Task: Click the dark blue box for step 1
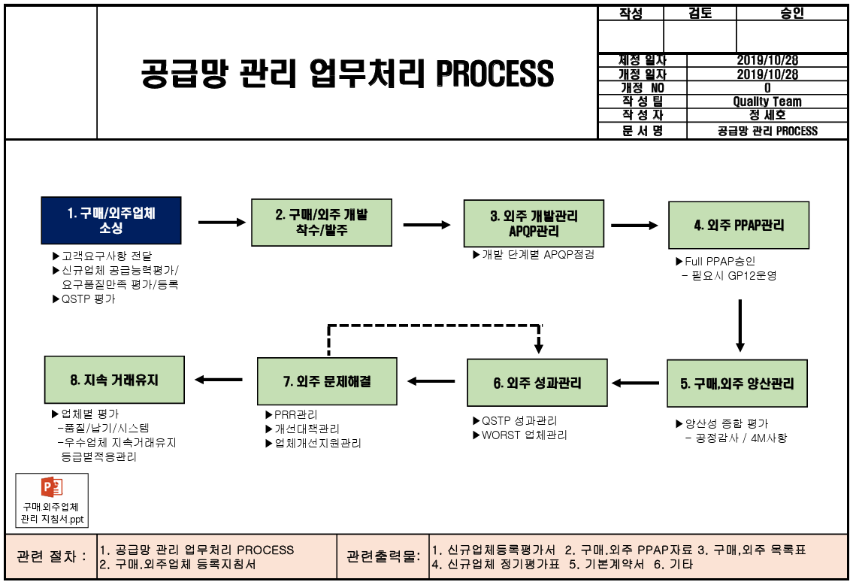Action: click(111, 221)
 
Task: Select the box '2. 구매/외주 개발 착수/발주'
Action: click(321, 223)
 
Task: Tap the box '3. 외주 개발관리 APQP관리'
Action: click(534, 223)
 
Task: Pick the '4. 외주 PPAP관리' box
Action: click(740, 225)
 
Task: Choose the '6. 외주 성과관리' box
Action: click(537, 383)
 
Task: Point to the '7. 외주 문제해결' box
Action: click(327, 381)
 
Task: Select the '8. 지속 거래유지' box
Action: click(114, 380)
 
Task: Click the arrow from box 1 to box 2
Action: click(222, 222)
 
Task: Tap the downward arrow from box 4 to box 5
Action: click(740, 326)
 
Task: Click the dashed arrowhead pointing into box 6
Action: click(539, 346)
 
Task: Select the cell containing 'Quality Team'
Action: click(767, 102)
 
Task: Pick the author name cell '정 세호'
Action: click(767, 115)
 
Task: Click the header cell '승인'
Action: click(792, 14)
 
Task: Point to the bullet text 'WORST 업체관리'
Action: click(524, 435)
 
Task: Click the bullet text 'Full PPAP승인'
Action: click(719, 261)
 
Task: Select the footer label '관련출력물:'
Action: click(382, 556)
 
